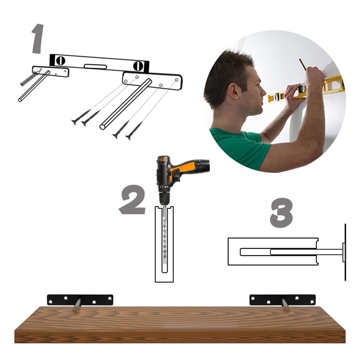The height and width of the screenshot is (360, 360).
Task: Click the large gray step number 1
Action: (38, 39)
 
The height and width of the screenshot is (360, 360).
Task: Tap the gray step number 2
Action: (132, 200)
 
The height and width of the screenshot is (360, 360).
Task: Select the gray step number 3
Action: (282, 212)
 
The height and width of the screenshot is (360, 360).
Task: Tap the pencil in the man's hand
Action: (303, 65)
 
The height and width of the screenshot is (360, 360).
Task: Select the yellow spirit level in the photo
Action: (306, 90)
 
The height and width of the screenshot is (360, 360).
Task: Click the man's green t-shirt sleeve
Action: (252, 148)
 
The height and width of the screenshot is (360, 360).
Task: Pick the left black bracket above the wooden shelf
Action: (80, 299)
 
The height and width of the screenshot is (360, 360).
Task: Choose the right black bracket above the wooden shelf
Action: (283, 300)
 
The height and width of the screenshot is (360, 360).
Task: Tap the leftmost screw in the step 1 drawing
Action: (80, 117)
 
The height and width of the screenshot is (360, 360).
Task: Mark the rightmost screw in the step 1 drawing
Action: (134, 131)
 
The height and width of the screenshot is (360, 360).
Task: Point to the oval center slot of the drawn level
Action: (95, 67)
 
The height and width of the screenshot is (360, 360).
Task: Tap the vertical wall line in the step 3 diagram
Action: (345, 252)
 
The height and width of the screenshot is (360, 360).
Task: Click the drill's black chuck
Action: (165, 198)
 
